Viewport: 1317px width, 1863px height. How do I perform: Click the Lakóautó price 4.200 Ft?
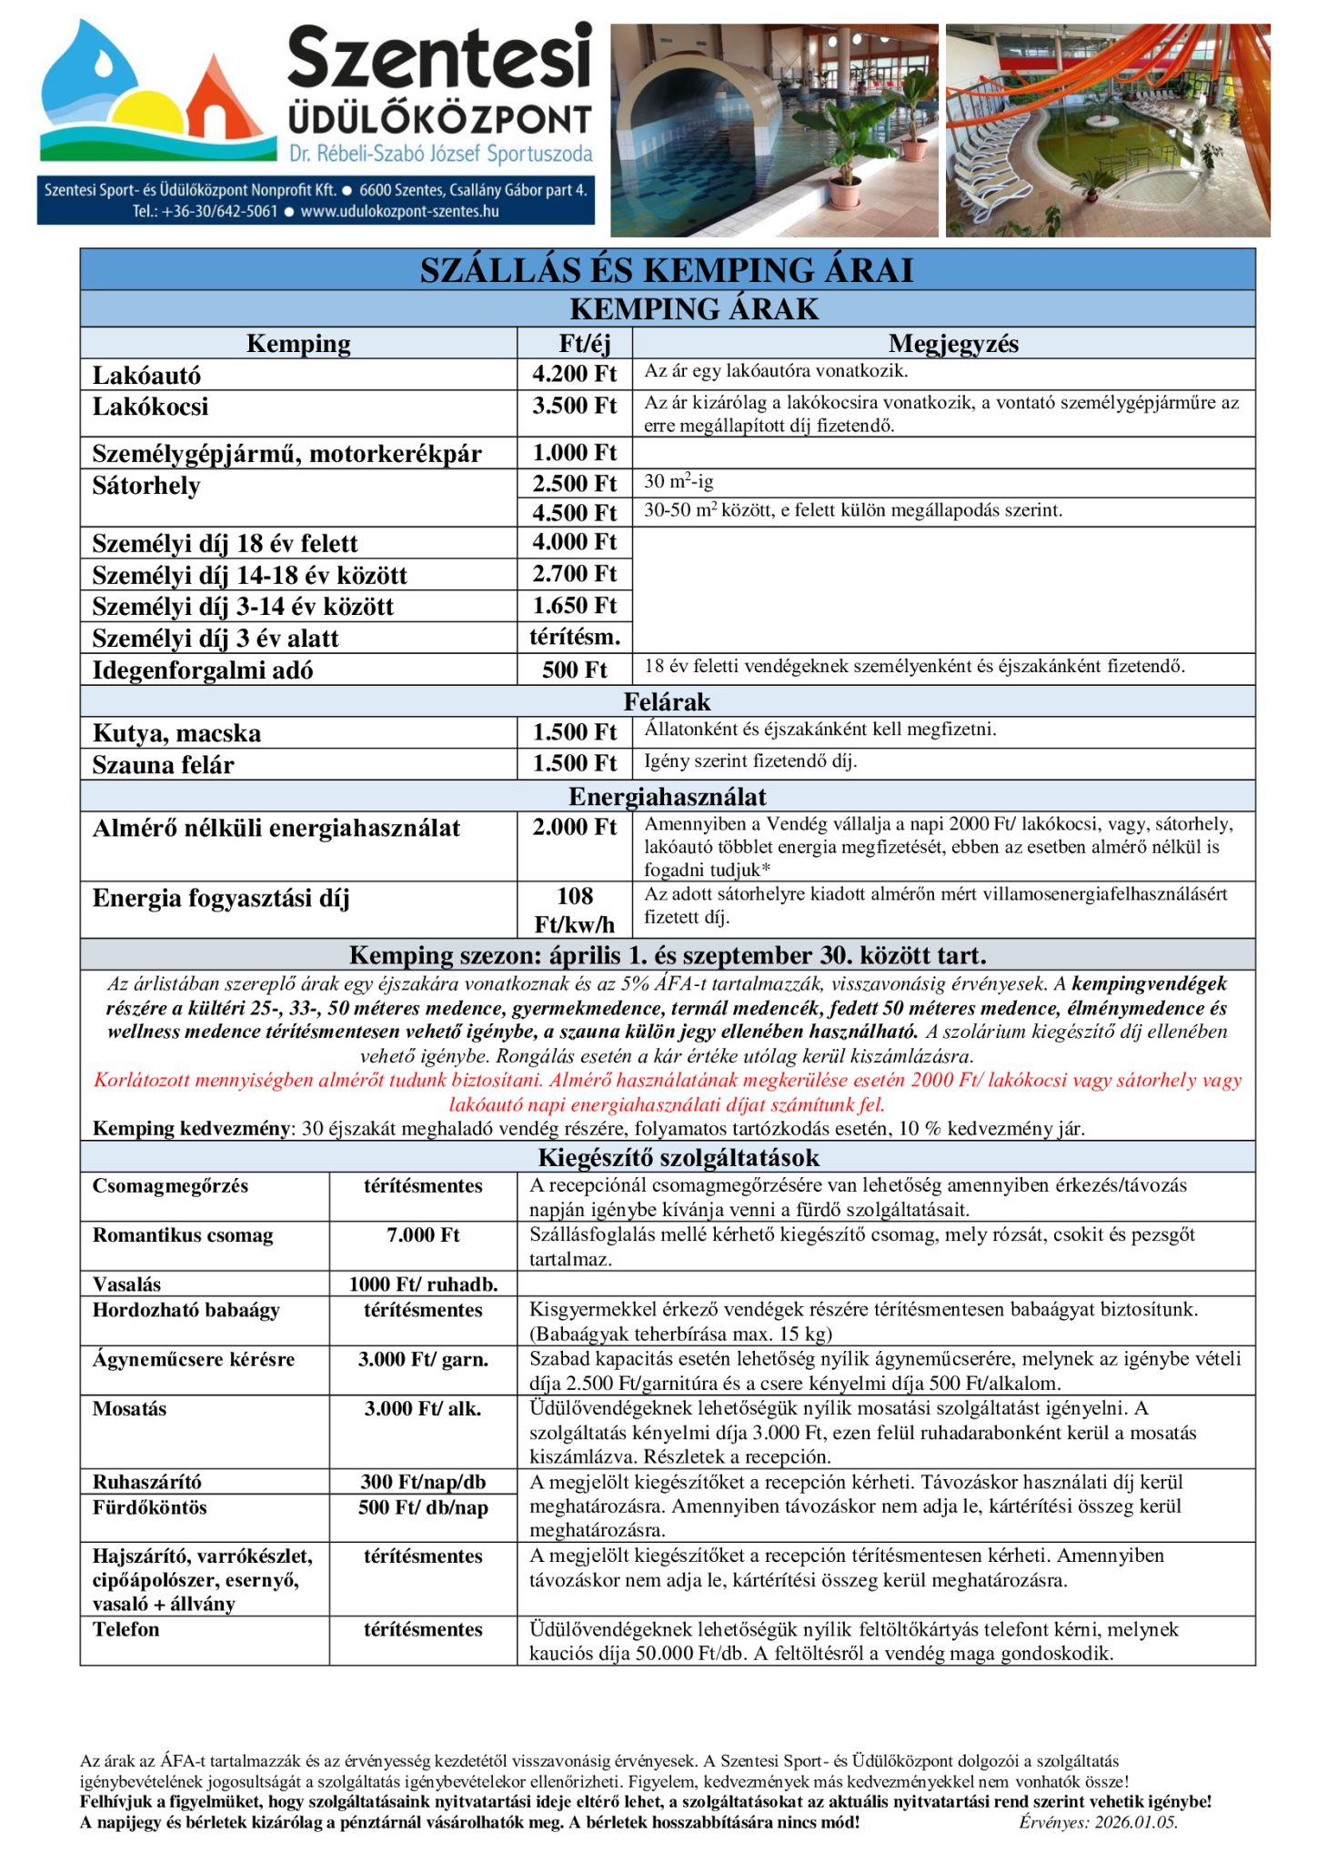click(x=574, y=374)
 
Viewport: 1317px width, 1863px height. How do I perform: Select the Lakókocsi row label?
click(x=150, y=407)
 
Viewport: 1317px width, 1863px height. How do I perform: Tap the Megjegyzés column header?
click(x=952, y=344)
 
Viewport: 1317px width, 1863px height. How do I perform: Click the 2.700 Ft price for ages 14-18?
click(x=574, y=574)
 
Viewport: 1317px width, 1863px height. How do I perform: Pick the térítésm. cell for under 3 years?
click(x=574, y=637)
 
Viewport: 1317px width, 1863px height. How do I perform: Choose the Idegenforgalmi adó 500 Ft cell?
click(x=574, y=670)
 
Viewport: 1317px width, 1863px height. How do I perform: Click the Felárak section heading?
click(x=667, y=701)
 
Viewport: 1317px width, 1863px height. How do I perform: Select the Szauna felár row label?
click(x=163, y=765)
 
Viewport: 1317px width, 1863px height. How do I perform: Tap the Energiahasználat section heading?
click(x=667, y=797)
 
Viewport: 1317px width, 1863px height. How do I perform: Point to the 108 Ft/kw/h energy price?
click(x=574, y=910)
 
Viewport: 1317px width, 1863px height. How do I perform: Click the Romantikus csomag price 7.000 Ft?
click(x=423, y=1235)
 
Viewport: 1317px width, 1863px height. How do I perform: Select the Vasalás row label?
click(x=126, y=1284)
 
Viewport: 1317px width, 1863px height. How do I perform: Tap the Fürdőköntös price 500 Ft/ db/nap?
click(x=423, y=1507)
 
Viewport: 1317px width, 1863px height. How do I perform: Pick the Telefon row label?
click(x=126, y=1629)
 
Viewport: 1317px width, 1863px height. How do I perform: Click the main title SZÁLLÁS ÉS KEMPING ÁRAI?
click(x=667, y=270)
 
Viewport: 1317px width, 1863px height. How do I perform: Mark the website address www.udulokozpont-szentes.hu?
click(x=399, y=212)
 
